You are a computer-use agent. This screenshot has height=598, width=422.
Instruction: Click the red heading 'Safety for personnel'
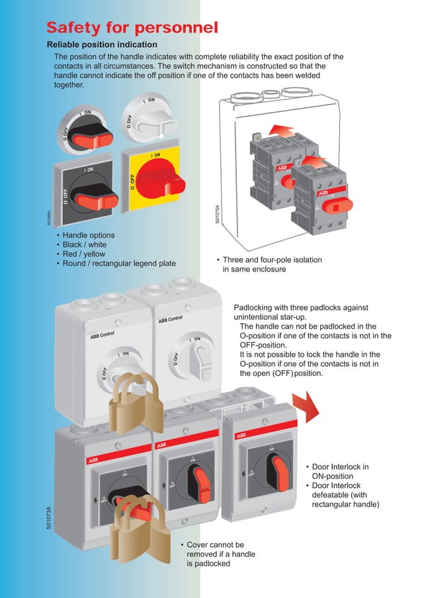click(x=132, y=27)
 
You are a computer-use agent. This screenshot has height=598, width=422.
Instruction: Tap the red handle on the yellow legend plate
click(x=161, y=177)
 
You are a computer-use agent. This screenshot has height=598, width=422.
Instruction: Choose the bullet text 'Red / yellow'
click(x=83, y=254)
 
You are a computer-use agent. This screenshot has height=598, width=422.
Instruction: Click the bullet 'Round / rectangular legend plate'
click(x=119, y=263)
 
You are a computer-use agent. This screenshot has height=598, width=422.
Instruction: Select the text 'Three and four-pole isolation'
click(x=272, y=260)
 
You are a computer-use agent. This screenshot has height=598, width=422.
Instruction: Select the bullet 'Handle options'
click(x=88, y=235)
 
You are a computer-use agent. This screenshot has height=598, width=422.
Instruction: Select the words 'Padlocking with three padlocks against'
click(x=301, y=308)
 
